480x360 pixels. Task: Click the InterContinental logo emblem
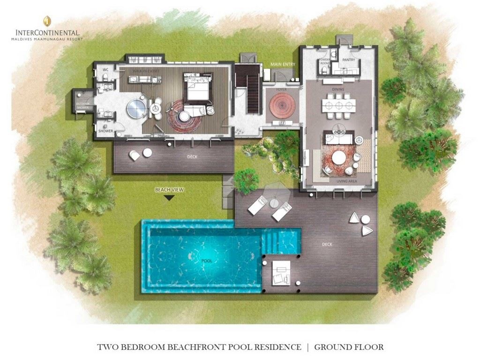47,22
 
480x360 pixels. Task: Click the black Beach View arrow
169,198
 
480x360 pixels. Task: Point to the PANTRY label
348,60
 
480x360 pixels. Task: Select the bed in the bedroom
197,88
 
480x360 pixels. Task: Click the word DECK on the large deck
327,244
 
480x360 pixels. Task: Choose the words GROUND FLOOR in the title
349,347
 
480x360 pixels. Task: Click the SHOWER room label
105,132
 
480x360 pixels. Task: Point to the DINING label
337,89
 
